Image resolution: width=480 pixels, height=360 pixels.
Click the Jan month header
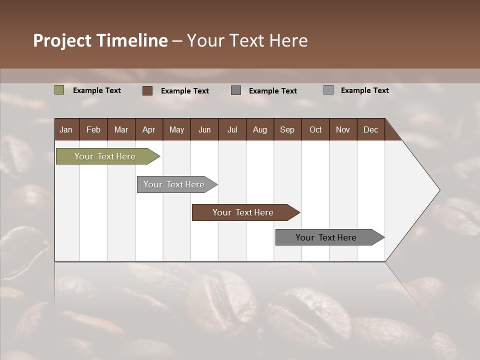pos(66,129)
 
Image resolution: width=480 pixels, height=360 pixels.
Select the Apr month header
pos(148,129)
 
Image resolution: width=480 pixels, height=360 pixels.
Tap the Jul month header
pos(232,129)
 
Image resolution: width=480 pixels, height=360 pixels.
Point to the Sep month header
pos(287,129)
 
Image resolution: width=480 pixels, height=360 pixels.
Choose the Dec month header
pos(370,129)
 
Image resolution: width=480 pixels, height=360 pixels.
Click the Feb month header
pos(93,129)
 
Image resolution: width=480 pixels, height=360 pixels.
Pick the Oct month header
pos(315,129)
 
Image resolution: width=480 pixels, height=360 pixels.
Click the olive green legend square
pos(59,90)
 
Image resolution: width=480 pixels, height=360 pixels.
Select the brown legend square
pos(147,90)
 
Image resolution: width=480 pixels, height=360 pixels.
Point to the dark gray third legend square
pos(236,90)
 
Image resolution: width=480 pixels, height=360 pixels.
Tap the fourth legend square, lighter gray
pos(328,90)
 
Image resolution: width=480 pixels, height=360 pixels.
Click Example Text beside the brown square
pos(184,91)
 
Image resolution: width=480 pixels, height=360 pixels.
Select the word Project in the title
pos(62,40)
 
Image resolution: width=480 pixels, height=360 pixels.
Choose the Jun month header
pos(204,129)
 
